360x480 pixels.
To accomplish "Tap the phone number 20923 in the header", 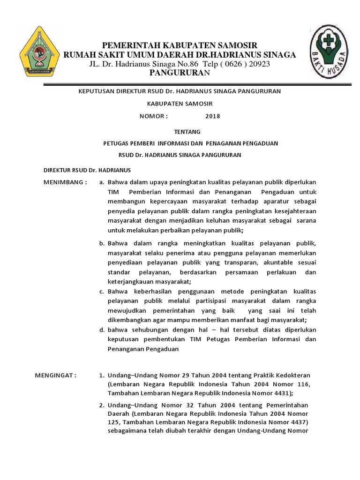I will [x=257, y=64].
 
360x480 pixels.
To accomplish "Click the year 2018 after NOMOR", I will [x=212, y=116].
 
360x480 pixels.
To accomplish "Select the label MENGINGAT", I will [x=56, y=375].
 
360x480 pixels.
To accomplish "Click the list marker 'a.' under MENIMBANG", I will [x=102, y=182].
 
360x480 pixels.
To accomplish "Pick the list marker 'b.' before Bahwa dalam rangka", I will [x=102, y=243].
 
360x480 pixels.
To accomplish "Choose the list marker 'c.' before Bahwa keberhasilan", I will [x=102, y=292].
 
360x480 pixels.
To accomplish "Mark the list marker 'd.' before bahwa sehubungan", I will [x=102, y=330].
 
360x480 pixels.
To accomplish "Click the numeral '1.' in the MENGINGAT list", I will [x=102, y=375].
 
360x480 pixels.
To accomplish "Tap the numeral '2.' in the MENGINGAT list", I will [x=102, y=405].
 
